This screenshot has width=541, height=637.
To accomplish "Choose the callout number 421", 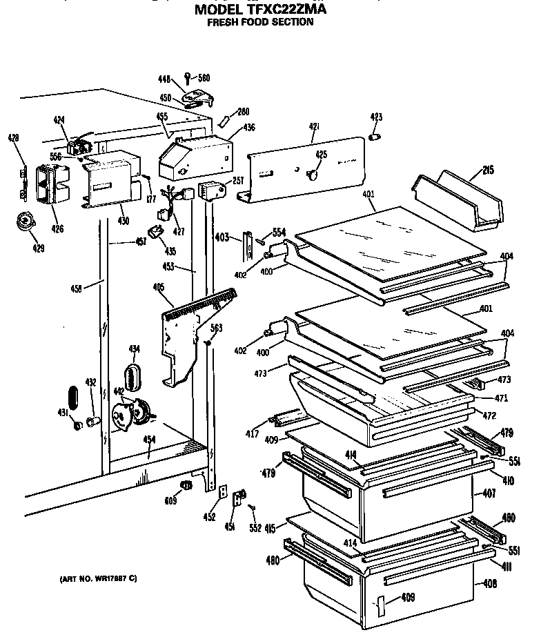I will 315,127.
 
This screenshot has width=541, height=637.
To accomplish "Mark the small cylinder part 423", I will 376,137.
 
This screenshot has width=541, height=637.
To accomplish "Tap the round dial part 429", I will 26,222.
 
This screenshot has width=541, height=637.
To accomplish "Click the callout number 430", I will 123,221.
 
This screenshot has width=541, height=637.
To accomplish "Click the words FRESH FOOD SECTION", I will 260,22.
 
